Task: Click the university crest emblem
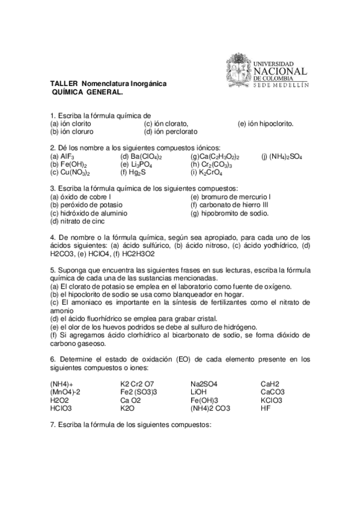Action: [x=239, y=71]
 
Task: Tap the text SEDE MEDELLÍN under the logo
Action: [x=281, y=85]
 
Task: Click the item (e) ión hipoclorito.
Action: [x=266, y=123]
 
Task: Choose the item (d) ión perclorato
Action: [x=171, y=131]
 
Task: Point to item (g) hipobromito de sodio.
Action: [x=229, y=213]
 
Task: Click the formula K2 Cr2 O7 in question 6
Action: [x=137, y=384]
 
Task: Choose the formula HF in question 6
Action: [x=266, y=408]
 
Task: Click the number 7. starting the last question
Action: [x=53, y=425]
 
